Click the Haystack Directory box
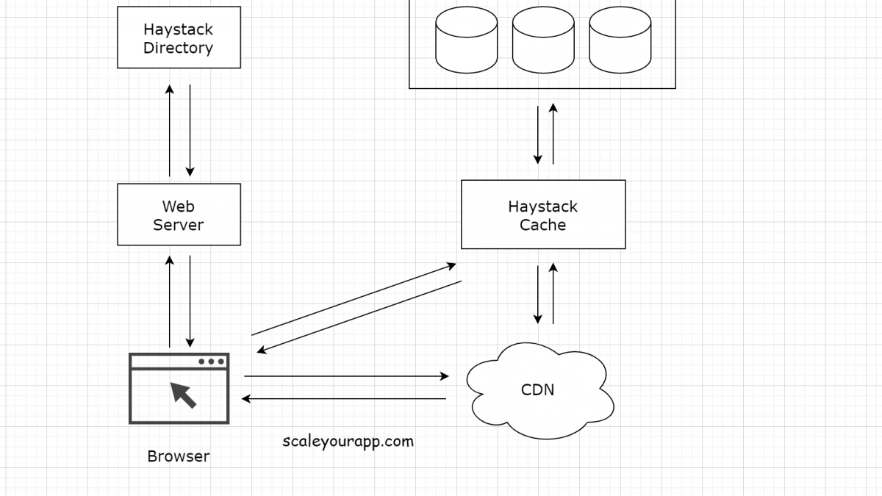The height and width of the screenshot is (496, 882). pyautogui.click(x=179, y=37)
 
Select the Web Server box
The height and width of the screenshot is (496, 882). pyautogui.click(x=179, y=215)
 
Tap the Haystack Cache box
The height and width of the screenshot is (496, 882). pyautogui.click(x=543, y=215)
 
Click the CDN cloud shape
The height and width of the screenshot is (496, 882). pyautogui.click(x=539, y=389)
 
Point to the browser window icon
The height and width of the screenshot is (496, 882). pyautogui.click(x=179, y=389)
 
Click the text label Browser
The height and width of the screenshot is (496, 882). pyautogui.click(x=179, y=456)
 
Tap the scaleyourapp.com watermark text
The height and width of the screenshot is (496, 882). pyautogui.click(x=348, y=441)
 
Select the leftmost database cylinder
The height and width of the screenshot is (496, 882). pyautogui.click(x=466, y=40)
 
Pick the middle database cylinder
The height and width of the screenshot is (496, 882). pyautogui.click(x=543, y=40)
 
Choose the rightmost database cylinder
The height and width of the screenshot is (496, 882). pyautogui.click(x=620, y=40)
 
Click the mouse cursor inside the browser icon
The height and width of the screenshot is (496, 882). pyautogui.click(x=184, y=394)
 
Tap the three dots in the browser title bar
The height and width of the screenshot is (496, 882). pyautogui.click(x=211, y=362)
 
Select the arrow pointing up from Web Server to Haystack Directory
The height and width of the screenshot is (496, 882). pyautogui.click(x=170, y=131)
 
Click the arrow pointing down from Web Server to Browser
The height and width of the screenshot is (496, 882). pyautogui.click(x=190, y=301)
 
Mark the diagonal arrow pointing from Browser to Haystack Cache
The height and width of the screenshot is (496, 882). pyautogui.click(x=353, y=299)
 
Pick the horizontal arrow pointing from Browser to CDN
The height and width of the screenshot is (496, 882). pyautogui.click(x=345, y=376)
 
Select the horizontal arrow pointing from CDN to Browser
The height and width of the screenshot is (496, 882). pyautogui.click(x=345, y=399)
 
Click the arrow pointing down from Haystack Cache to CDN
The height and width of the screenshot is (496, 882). pyautogui.click(x=538, y=294)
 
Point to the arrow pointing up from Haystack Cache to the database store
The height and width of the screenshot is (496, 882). pyautogui.click(x=553, y=134)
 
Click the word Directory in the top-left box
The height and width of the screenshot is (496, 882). pyautogui.click(x=179, y=48)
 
